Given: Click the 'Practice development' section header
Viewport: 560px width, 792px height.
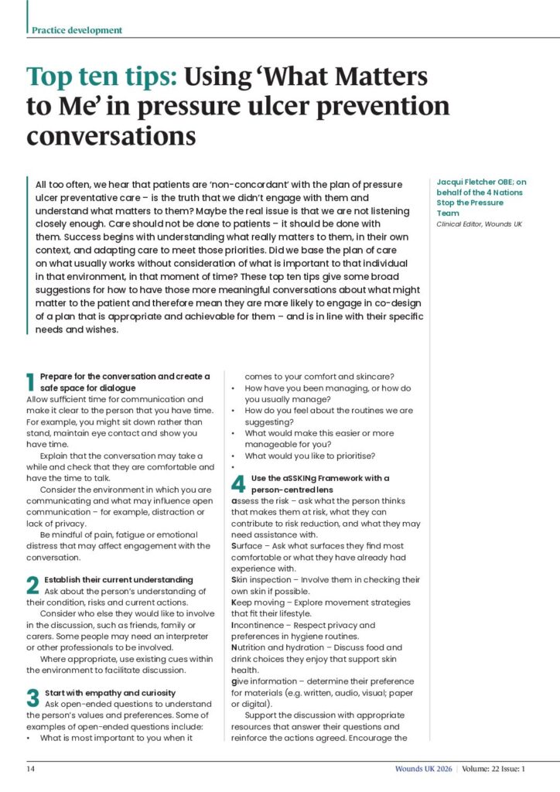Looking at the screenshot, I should [x=77, y=30].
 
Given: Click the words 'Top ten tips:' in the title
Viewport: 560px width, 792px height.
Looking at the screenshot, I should [x=103, y=77].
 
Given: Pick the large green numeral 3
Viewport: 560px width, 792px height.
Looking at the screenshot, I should [x=32, y=698].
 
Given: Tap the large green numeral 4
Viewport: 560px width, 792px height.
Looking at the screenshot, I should [x=238, y=483].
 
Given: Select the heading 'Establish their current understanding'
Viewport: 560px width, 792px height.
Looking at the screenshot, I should [x=118, y=579].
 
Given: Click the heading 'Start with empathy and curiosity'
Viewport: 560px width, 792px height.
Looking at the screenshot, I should [x=110, y=692].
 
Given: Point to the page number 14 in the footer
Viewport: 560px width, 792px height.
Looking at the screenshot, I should [x=30, y=769].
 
